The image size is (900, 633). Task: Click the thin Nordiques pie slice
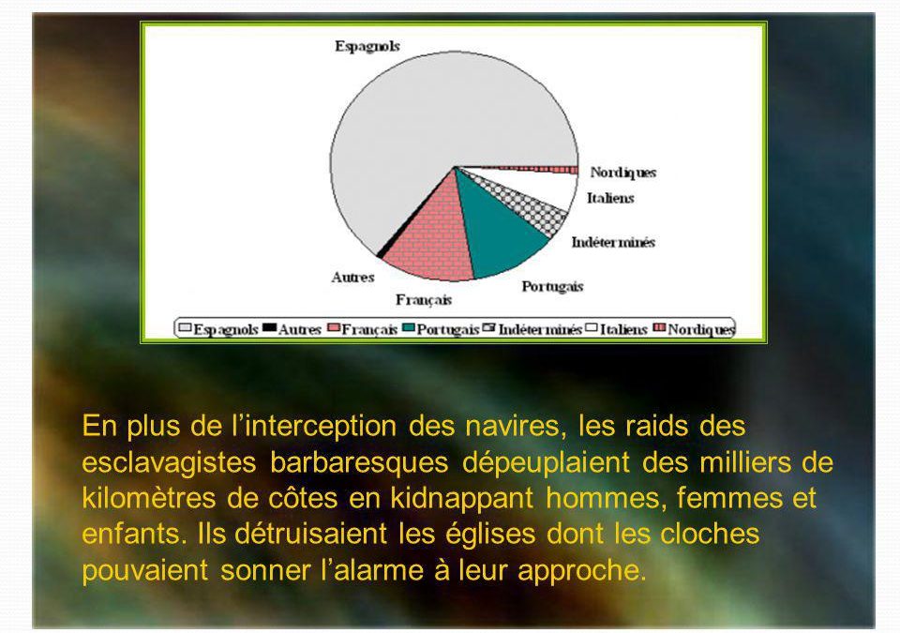tap(546, 170)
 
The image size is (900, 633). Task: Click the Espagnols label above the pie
tap(367, 46)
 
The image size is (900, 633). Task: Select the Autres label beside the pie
tap(352, 278)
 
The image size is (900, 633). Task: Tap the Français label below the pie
tap(424, 300)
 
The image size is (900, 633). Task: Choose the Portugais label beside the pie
tap(552, 287)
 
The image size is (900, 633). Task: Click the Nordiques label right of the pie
tap(622, 173)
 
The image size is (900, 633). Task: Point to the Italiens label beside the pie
tap(610, 198)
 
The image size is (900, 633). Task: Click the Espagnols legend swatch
tap(185, 328)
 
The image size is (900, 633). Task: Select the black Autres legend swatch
tap(269, 328)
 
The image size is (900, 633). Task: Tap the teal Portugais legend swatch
tap(409, 328)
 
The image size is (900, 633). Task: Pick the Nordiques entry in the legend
tap(694, 329)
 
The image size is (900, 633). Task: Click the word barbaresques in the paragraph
tap(359, 463)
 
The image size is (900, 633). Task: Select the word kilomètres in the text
tap(149, 499)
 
